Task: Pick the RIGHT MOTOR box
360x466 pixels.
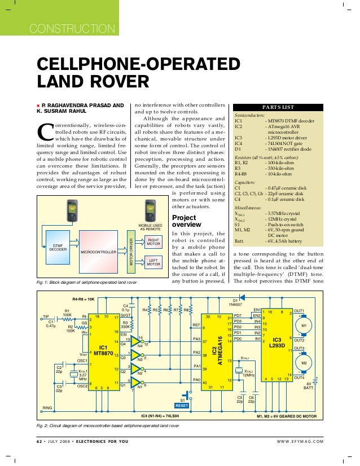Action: coord(153,242)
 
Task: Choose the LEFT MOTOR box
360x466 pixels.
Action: coord(153,261)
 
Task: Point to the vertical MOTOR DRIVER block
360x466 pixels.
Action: coord(132,252)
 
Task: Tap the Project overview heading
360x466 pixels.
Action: coord(184,221)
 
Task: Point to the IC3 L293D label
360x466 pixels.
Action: coord(276,342)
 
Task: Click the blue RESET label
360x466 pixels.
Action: coord(181,405)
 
